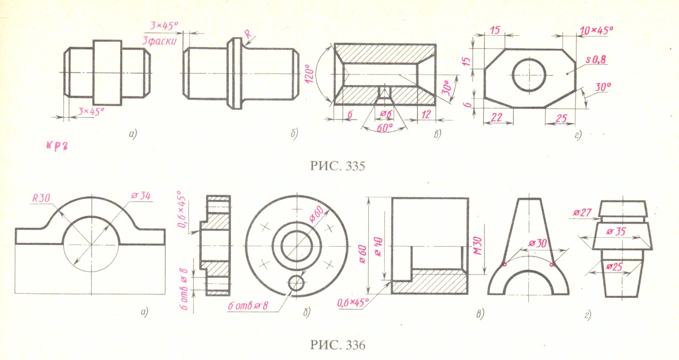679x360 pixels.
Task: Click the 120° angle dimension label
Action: click(309, 74)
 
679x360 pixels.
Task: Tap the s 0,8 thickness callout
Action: click(596, 59)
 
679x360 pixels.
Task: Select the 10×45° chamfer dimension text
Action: click(596, 31)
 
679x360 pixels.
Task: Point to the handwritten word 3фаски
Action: click(159, 40)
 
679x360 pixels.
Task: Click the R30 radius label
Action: click(41, 198)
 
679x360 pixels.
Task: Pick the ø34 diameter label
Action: click(141, 196)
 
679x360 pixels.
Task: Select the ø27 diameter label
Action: click(582, 212)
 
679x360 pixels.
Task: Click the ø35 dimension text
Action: click(616, 232)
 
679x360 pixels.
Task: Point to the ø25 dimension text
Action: click(614, 267)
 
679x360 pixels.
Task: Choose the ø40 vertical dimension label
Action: click(379, 247)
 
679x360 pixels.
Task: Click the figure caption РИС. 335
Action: click(338, 166)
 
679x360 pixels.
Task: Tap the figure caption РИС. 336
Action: click(338, 345)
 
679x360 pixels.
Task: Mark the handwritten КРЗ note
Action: click(56, 146)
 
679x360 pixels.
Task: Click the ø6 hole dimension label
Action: click(386, 114)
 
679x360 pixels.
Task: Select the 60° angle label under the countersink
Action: click(384, 127)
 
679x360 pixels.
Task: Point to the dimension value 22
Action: click(496, 117)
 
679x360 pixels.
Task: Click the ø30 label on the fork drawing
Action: click(537, 243)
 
